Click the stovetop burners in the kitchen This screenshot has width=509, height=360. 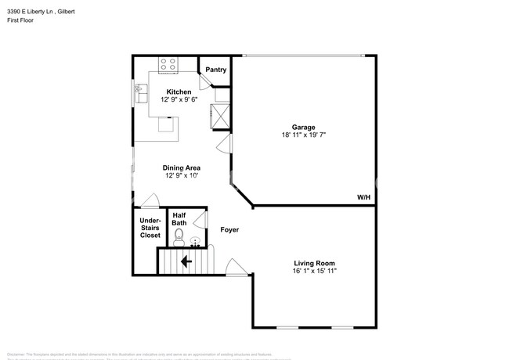click(x=168, y=65)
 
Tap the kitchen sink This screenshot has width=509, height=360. click(x=141, y=92)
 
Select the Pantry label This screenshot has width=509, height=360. click(x=216, y=70)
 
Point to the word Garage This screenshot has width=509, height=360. click(x=304, y=127)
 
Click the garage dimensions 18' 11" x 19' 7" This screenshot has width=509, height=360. click(x=304, y=135)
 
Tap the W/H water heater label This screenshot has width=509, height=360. click(x=363, y=198)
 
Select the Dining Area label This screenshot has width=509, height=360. click(x=182, y=167)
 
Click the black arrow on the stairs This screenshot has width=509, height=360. click(x=186, y=261)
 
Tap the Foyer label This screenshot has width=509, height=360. click(x=229, y=230)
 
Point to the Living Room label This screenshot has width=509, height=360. click(x=315, y=263)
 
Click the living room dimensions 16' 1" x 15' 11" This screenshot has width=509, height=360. click(x=315, y=272)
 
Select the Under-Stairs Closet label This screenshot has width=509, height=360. click(x=150, y=228)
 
